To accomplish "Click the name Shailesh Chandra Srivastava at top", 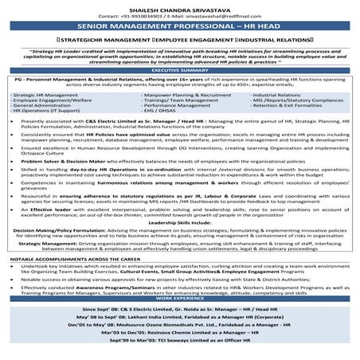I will [179, 6].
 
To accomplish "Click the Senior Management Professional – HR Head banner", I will [179, 25].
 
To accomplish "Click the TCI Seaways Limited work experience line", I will [179, 340].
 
